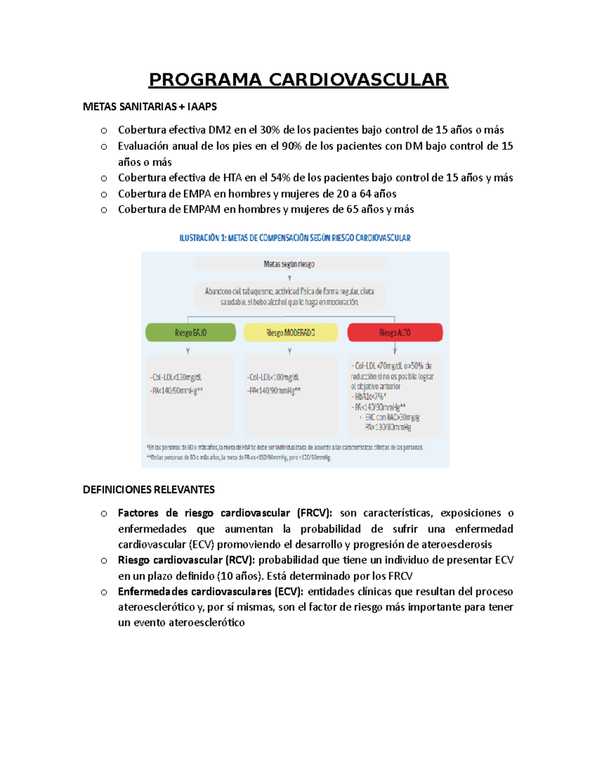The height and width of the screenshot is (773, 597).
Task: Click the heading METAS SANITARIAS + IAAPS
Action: (150, 107)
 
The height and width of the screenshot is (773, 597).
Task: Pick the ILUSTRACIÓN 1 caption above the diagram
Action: (295, 238)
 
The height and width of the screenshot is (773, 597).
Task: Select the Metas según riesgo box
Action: (289, 264)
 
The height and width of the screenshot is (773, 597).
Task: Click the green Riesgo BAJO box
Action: (191, 332)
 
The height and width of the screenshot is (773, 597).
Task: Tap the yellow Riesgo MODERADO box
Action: (291, 332)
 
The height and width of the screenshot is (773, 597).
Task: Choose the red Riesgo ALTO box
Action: (395, 332)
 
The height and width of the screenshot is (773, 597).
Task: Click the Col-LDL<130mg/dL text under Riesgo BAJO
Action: (176, 378)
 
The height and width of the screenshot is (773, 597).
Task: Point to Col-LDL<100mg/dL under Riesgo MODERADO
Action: (274, 378)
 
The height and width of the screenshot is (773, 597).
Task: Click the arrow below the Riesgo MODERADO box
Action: (290, 351)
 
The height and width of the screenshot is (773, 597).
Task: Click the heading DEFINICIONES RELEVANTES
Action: (149, 490)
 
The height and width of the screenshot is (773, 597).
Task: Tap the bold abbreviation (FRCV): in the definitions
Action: (314, 513)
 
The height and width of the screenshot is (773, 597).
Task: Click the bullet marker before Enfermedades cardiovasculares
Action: (104, 592)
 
